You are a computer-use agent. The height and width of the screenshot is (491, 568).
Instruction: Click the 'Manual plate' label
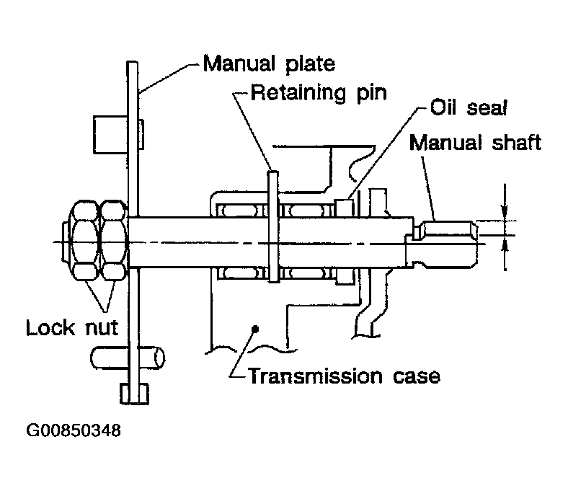269,64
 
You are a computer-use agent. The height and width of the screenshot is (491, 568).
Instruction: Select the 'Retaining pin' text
319,93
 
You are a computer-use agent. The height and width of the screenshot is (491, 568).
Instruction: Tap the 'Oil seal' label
469,107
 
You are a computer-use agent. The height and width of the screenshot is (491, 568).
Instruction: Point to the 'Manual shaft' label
475,142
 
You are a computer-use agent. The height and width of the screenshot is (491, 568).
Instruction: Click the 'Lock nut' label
72,328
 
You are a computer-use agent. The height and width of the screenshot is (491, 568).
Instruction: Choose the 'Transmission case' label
345,376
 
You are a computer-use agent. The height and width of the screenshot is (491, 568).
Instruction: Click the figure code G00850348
74,430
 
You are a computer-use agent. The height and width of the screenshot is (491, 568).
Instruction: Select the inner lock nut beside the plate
114,240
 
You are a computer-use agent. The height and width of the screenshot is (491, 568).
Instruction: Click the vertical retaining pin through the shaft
272,226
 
